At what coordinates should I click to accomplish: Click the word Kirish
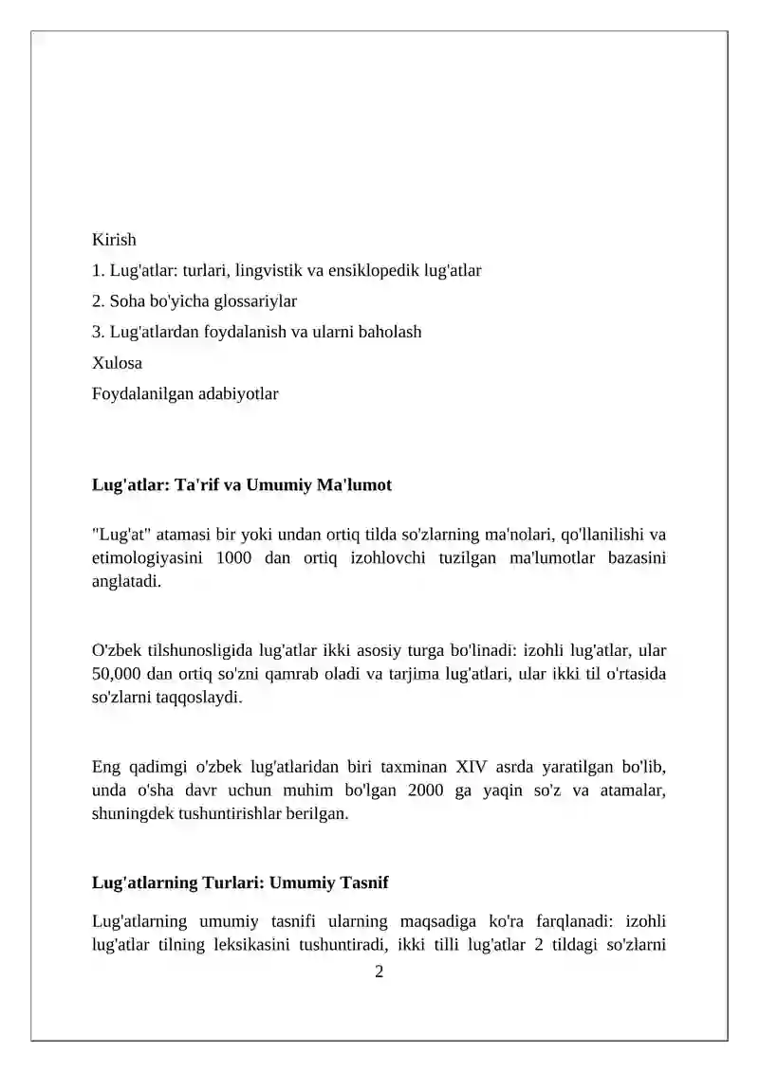[x=114, y=240]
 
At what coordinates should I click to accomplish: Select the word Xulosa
[x=117, y=363]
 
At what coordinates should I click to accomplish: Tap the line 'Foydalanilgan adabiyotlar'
[x=185, y=393]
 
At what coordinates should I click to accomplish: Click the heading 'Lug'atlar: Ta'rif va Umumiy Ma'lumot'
[x=241, y=485]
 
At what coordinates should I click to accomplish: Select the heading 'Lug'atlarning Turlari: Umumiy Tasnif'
[x=240, y=882]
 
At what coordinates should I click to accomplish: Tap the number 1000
[x=233, y=558]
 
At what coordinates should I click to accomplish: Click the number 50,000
[x=118, y=674]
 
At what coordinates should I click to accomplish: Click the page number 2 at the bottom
[x=379, y=972]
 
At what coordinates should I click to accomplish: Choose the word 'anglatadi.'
[x=126, y=581]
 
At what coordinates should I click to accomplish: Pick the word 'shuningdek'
[x=132, y=812]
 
